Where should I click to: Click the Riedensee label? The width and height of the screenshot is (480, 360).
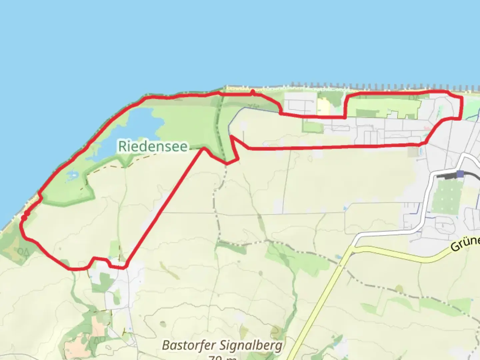(153, 146)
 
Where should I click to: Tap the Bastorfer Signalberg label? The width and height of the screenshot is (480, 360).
(222, 345)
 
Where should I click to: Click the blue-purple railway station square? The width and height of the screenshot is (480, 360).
(460, 174)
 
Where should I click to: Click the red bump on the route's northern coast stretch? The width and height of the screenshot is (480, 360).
(253, 92)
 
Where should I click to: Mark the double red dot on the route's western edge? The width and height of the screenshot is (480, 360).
(25, 215)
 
